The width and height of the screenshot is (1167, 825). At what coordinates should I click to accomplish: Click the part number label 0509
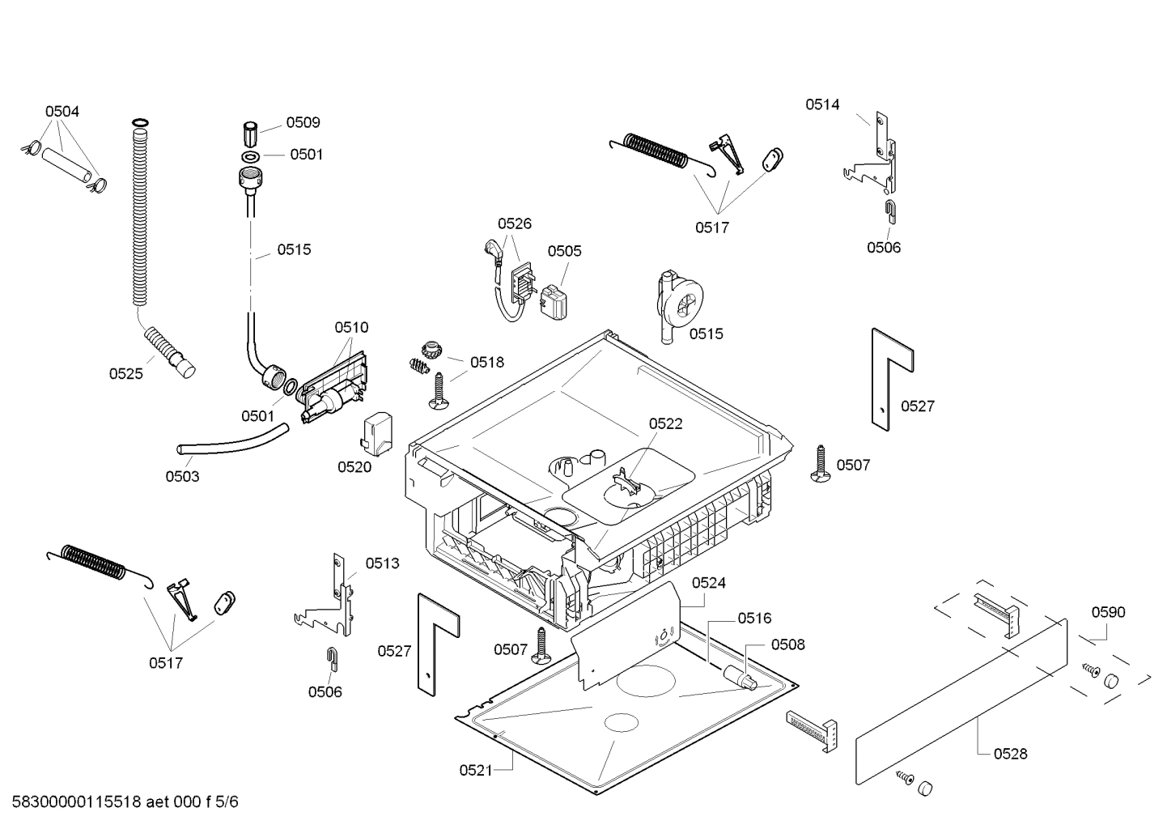[303, 122]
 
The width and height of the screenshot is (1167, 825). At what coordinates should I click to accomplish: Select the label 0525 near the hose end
[126, 373]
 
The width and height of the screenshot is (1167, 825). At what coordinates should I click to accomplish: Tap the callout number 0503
[182, 476]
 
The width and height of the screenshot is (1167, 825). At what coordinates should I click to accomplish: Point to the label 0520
[354, 466]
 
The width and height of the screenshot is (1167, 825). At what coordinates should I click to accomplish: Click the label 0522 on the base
[665, 423]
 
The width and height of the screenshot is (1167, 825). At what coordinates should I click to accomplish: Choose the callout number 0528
[1010, 754]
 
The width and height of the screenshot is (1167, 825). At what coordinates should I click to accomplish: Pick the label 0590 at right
[1108, 612]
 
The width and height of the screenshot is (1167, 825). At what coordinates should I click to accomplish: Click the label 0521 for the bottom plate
[476, 770]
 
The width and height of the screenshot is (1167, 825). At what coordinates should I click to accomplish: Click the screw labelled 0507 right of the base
[820, 463]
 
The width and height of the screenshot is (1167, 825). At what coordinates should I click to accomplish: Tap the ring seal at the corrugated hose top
[140, 122]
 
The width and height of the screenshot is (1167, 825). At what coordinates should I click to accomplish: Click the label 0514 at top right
[822, 104]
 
